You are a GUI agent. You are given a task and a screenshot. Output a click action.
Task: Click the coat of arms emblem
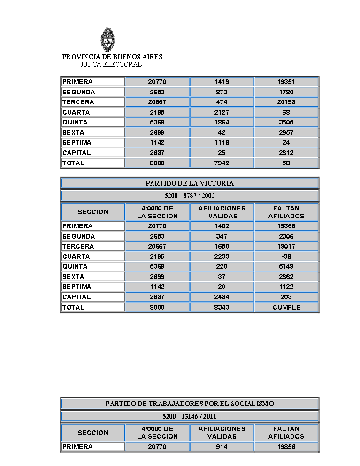pos(108,40)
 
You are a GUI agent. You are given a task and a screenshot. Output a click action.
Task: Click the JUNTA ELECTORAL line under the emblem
pos(111,64)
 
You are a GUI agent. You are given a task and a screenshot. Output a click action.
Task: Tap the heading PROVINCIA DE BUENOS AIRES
pos(112,57)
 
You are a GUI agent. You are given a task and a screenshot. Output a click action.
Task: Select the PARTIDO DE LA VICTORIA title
pos(190,183)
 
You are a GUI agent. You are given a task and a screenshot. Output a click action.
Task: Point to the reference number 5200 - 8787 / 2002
pos(190,195)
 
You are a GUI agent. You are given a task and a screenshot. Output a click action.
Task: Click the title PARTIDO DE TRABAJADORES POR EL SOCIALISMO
pos(190,404)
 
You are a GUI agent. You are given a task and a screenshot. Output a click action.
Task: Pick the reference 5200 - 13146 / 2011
pos(190,416)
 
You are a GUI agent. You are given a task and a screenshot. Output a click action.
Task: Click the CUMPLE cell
pos(286,307)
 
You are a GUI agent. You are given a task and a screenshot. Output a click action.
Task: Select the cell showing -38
pos(286,256)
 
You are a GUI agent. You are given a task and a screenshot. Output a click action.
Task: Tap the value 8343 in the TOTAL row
pos(222,307)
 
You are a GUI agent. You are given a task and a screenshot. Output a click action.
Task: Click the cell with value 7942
pos(222,163)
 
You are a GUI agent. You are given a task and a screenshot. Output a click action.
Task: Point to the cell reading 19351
pos(286,82)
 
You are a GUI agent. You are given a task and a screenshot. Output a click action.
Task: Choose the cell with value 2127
pos(222,112)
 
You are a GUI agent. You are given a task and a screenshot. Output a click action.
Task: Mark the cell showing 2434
pos(222,297)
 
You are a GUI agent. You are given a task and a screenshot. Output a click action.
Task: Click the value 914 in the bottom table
pos(222,447)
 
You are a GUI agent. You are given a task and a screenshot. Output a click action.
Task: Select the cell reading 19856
pos(286,447)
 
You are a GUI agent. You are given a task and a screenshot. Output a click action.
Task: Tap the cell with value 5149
pos(286,266)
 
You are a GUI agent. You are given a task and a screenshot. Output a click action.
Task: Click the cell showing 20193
pos(286,102)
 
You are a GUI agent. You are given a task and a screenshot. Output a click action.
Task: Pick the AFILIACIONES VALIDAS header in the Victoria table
pos(222,212)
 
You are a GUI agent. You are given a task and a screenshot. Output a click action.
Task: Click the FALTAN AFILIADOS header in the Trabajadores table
pos(286,433)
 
